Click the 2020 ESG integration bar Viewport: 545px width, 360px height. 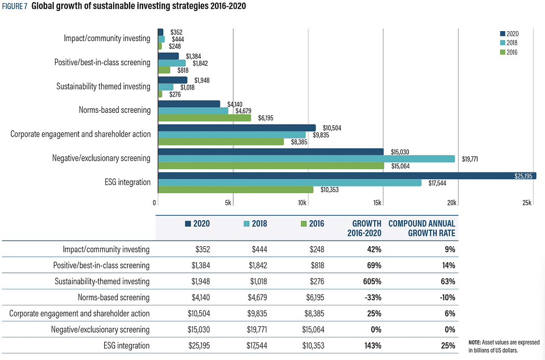pos(347,176)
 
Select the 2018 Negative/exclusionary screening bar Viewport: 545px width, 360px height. pos(306,158)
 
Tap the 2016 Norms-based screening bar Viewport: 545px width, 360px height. pos(204,117)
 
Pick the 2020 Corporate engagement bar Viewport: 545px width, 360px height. pos(237,128)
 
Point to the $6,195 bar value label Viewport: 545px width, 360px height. pos(264,118)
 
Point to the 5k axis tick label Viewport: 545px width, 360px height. pos(228,202)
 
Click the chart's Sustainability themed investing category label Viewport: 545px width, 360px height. pos(103,86)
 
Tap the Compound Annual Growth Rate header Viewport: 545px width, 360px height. pos(421,229)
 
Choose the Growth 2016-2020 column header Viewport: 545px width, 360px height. pos(364,229)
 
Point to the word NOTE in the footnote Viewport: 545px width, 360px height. pos(475,342)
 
